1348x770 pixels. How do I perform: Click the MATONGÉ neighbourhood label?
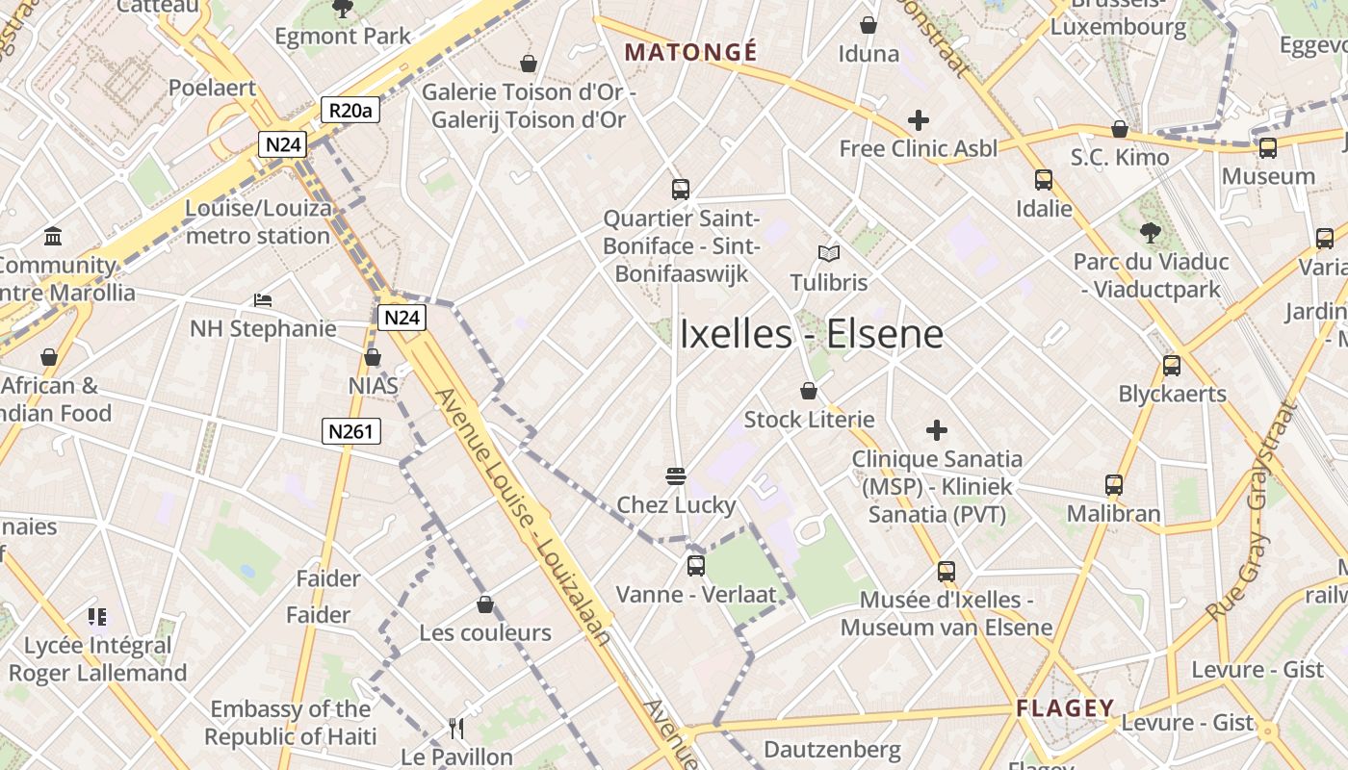coord(691,52)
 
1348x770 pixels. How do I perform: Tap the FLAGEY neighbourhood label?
coord(1065,708)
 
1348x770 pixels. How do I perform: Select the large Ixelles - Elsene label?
coord(812,335)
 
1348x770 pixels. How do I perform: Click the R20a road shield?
coord(350,111)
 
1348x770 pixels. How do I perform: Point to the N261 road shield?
coord(350,431)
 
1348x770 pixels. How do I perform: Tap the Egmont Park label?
coord(343,37)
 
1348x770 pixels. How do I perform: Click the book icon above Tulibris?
coord(829,253)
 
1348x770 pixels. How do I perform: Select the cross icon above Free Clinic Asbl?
coord(919,120)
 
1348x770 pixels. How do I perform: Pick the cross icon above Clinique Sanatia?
coord(936,430)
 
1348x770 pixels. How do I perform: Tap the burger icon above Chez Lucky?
coord(676,476)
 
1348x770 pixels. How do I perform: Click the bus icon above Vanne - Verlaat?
coord(695,566)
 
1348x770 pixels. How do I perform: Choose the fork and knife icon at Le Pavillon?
coord(456,729)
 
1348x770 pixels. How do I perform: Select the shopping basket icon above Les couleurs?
coord(485,604)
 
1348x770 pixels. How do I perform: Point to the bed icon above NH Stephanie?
coord(263,300)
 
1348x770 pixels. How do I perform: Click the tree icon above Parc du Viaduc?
coord(1150,232)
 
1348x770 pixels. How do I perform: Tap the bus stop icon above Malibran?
coord(1114,485)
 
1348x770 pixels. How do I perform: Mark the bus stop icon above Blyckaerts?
coord(1172,366)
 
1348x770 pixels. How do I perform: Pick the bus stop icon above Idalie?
coord(1044,180)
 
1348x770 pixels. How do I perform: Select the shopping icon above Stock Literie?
coord(809,391)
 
